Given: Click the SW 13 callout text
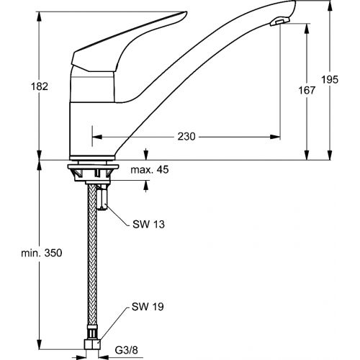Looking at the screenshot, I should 148,225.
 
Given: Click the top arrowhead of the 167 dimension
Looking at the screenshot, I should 307,25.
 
